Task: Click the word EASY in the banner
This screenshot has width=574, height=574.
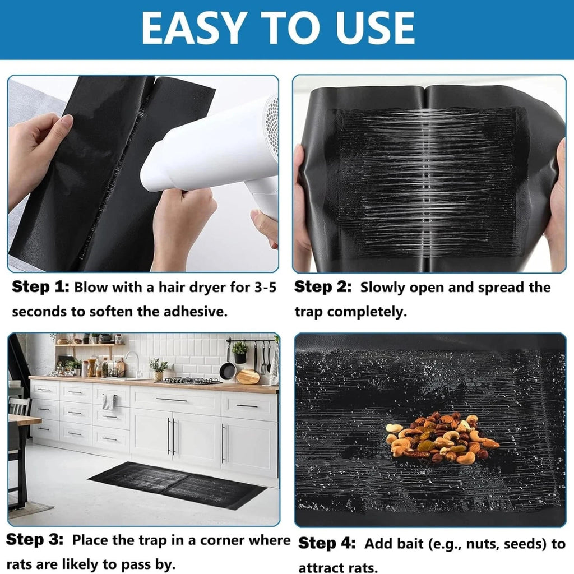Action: pyautogui.click(x=193, y=28)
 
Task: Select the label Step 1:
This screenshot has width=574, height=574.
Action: pyautogui.click(x=40, y=287)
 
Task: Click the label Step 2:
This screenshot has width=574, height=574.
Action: pyautogui.click(x=322, y=287)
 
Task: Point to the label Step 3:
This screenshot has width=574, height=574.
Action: pyautogui.click(x=35, y=539)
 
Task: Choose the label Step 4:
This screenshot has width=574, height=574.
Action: pyautogui.click(x=327, y=543)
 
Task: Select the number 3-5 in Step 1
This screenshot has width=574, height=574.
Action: pyautogui.click(x=265, y=288)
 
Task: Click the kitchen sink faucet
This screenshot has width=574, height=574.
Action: pyautogui.click(x=134, y=363)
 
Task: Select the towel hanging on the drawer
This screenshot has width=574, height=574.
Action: pyautogui.click(x=109, y=402)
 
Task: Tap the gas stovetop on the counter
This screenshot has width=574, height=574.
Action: pyautogui.click(x=191, y=381)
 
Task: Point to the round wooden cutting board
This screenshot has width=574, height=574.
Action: pyautogui.click(x=248, y=377)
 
